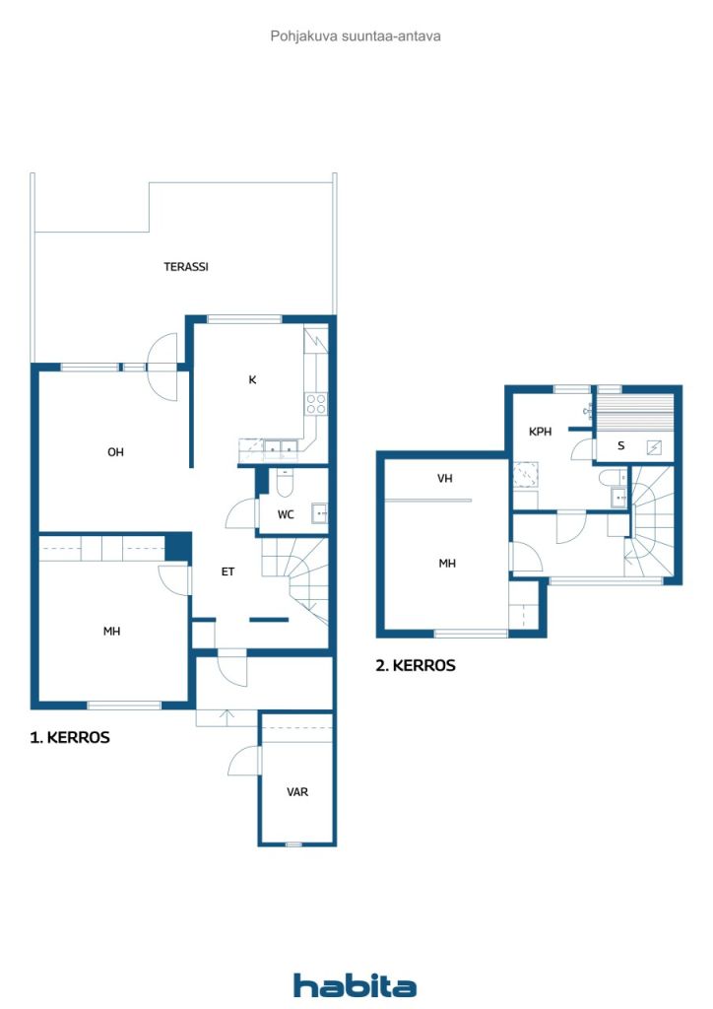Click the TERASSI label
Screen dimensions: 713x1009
pyautogui.click(x=186, y=266)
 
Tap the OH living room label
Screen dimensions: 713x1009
pyautogui.click(x=115, y=452)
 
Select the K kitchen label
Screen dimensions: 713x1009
pyautogui.click(x=252, y=379)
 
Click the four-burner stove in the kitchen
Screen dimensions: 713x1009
pyautogui.click(x=316, y=404)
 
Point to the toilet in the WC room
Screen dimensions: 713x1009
pyautogui.click(x=285, y=483)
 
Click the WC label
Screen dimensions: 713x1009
pyautogui.click(x=286, y=514)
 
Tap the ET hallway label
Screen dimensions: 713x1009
pyautogui.click(x=227, y=572)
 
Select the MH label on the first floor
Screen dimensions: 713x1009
pyautogui.click(x=112, y=632)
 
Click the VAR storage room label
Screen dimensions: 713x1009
pyautogui.click(x=297, y=792)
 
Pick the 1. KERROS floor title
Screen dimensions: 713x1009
pyautogui.click(x=70, y=737)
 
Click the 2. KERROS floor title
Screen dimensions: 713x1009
pyautogui.click(x=416, y=665)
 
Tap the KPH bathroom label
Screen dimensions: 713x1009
pyautogui.click(x=540, y=432)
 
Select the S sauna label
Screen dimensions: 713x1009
pyautogui.click(x=620, y=445)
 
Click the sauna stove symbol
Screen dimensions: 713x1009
pyautogui.click(x=654, y=447)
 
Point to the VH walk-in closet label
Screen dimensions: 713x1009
pyautogui.click(x=444, y=479)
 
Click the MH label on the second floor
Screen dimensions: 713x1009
pyautogui.click(x=447, y=564)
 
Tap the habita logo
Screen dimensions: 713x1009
pyautogui.click(x=355, y=985)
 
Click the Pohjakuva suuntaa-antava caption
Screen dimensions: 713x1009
pyautogui.click(x=356, y=36)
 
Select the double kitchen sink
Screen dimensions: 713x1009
pyautogui.click(x=282, y=446)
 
